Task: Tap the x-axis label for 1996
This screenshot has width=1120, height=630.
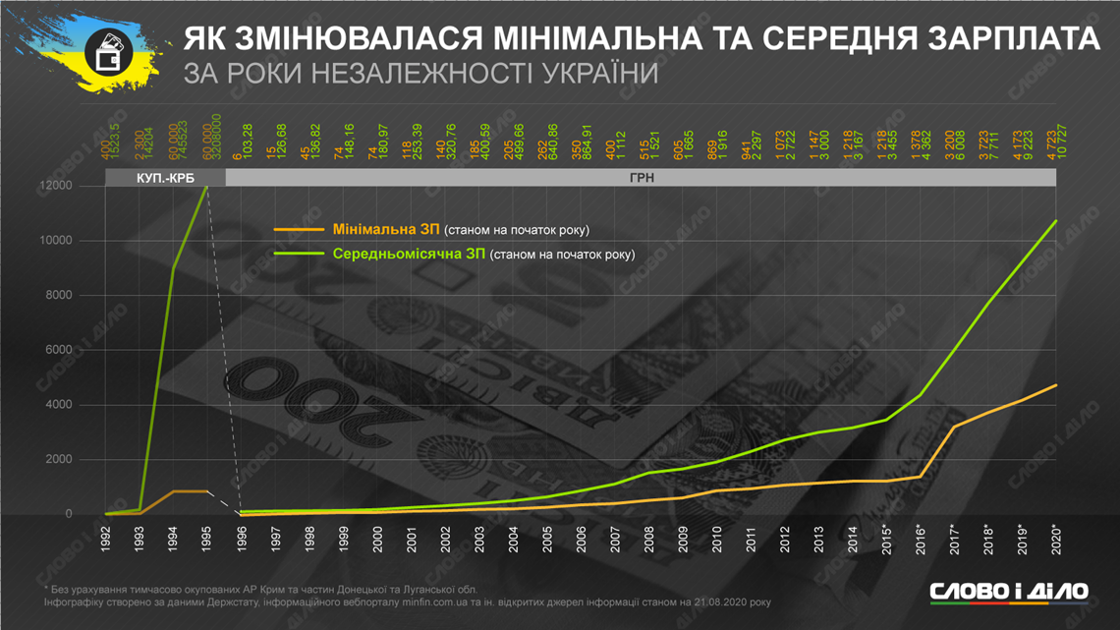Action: [243, 541]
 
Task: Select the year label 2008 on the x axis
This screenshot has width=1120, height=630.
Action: [649, 541]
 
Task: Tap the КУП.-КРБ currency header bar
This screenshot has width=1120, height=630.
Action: [165, 179]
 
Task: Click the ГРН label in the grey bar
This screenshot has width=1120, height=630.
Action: [642, 179]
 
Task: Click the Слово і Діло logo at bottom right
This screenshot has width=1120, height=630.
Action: [1009, 591]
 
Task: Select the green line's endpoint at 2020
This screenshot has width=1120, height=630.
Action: [1056, 221]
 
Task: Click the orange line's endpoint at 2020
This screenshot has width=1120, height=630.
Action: [1056, 385]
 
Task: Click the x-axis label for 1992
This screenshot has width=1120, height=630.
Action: [107, 541]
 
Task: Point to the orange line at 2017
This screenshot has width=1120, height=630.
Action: [954, 427]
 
